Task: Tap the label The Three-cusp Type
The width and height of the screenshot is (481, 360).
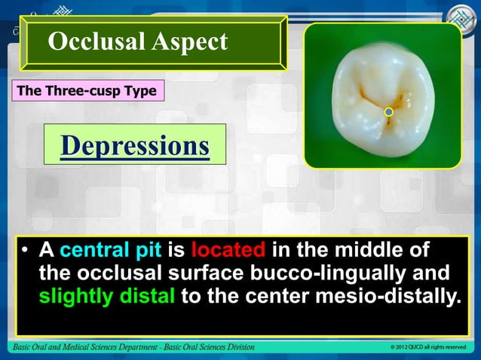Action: tap(84, 92)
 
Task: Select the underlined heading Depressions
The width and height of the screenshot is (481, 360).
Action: tap(134, 144)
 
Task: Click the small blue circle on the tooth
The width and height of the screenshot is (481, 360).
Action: tap(389, 112)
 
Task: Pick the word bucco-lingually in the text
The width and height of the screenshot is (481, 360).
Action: tap(323, 273)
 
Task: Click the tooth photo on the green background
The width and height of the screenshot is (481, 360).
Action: tap(381, 94)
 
